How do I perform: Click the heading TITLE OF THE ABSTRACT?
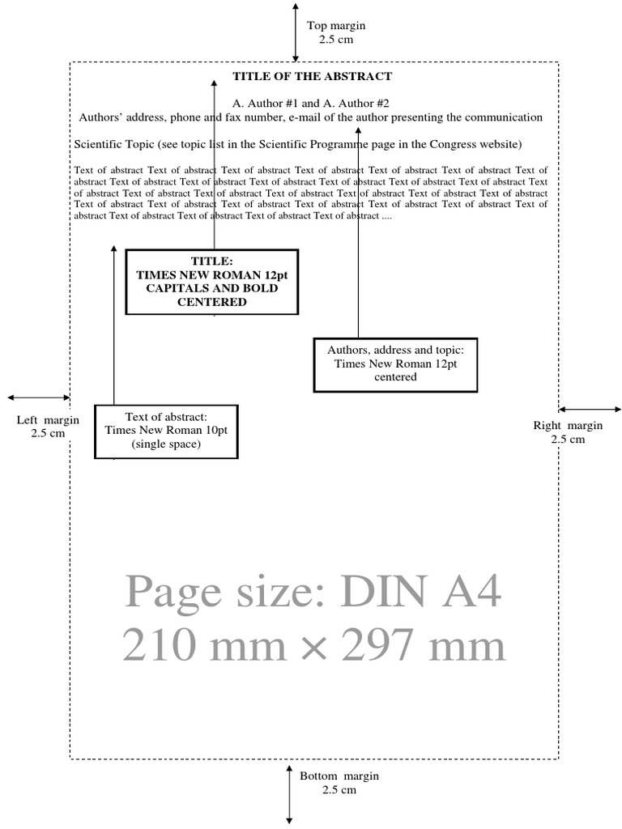[x=313, y=76]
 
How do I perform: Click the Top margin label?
[x=336, y=32]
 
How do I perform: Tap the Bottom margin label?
[x=339, y=783]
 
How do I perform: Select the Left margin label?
[x=48, y=426]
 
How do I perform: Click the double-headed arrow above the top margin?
[x=296, y=32]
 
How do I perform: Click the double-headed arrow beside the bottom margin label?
[x=289, y=793]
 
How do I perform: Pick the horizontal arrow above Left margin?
[x=38, y=397]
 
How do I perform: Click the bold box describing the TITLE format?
[x=211, y=282]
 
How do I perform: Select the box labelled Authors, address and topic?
[x=395, y=364]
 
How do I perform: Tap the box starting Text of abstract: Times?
[x=166, y=431]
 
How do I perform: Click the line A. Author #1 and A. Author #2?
[x=311, y=104]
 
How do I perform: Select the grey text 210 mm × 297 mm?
[x=314, y=646]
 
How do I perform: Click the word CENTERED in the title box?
[x=212, y=302]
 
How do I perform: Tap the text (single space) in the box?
[x=166, y=444]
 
